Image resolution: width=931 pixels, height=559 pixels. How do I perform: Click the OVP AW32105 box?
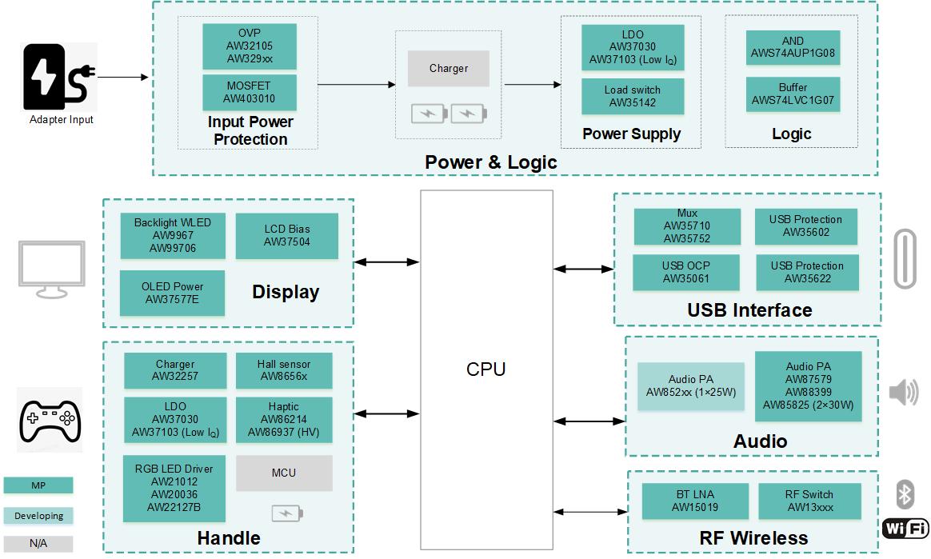coord(250,46)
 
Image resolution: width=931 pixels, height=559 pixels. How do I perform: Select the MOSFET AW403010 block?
coord(250,92)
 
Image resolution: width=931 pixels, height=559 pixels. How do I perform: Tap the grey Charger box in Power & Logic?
coord(448,69)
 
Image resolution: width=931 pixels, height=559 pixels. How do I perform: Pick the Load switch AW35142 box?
coord(632,96)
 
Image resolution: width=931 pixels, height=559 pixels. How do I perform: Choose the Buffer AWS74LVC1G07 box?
coord(793,94)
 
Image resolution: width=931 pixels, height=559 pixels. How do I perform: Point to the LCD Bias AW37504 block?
coord(286,236)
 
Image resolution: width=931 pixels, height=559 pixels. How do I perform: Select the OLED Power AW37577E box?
coord(172,293)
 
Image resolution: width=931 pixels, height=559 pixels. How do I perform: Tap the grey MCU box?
coord(284,473)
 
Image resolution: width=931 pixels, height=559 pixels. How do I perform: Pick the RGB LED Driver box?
coord(174,489)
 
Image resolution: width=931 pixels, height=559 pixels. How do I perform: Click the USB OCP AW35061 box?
coord(685,272)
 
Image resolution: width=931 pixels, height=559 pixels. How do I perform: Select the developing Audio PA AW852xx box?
coord(690,386)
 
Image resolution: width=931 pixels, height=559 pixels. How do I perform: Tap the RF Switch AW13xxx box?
coord(809,501)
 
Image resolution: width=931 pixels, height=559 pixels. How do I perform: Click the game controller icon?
coord(50,419)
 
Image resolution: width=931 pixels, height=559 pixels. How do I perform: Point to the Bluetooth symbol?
coord(905,493)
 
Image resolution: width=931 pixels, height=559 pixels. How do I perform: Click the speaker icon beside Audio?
coord(904,392)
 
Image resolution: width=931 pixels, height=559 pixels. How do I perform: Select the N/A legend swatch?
coord(38,544)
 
